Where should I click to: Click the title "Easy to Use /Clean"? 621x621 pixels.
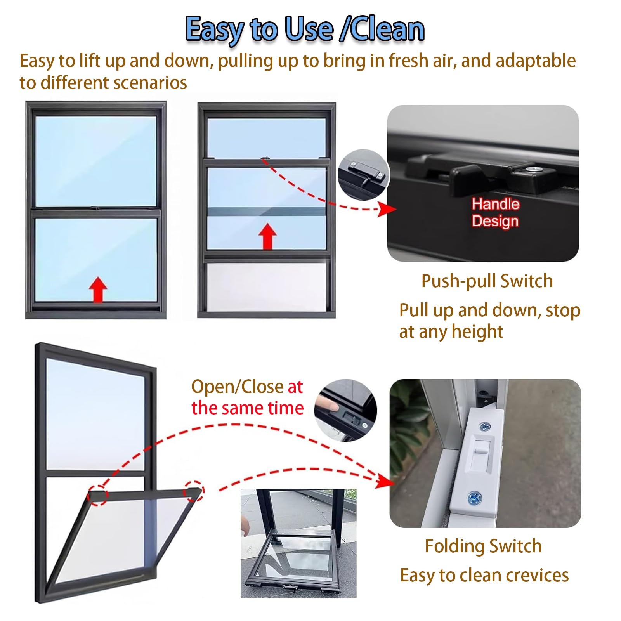(305, 29)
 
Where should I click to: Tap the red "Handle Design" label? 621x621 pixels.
(495, 213)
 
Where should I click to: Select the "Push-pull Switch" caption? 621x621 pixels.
(487, 281)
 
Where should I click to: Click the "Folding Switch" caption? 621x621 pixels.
(483, 546)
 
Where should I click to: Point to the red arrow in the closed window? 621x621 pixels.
(98, 290)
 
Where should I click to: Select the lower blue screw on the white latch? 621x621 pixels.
(474, 497)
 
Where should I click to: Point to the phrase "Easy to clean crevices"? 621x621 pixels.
(484, 575)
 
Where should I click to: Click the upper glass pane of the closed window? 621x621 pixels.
(96, 161)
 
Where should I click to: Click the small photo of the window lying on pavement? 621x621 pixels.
(298, 543)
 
